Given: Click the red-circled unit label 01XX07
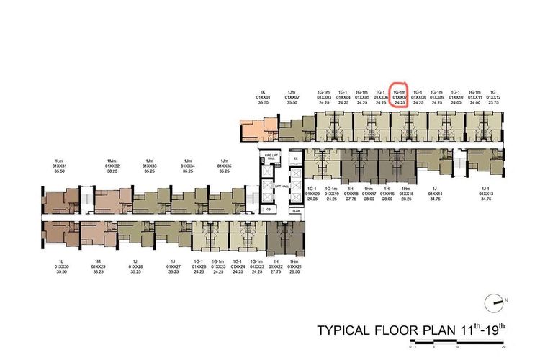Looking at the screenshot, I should click(x=400, y=97).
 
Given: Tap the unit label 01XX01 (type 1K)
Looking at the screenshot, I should click(x=264, y=97).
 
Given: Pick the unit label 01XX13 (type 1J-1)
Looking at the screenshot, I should click(x=487, y=194).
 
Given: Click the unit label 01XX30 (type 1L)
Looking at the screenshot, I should click(x=61, y=266).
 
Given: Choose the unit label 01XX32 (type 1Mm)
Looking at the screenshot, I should click(x=112, y=166).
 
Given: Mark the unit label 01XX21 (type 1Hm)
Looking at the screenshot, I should click(x=294, y=266).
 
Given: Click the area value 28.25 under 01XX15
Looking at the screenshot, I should click(x=407, y=198).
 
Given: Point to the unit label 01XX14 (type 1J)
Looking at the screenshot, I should click(x=434, y=194).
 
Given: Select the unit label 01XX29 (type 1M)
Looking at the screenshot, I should click(x=99, y=266).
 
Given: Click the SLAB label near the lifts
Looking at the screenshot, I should click(x=295, y=210).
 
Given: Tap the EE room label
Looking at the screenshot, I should click(x=295, y=158).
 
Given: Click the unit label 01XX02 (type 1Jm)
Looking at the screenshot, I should click(x=292, y=97).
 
